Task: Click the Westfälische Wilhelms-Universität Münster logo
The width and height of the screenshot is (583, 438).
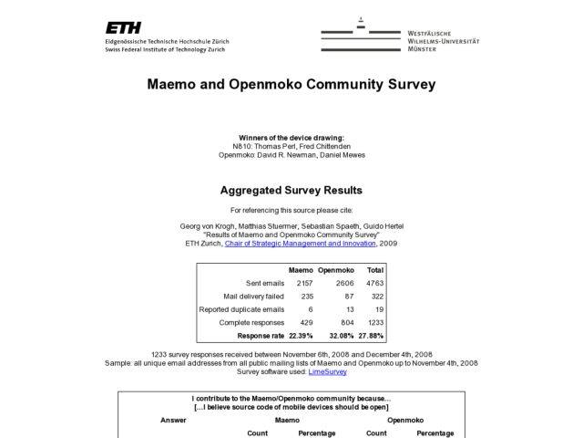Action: click(400, 36)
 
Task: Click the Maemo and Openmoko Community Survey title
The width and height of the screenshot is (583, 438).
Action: click(291, 85)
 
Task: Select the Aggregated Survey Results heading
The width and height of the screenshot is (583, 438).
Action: click(291, 191)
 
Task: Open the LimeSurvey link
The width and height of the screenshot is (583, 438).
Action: click(327, 371)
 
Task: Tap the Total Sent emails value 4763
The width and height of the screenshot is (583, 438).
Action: click(374, 284)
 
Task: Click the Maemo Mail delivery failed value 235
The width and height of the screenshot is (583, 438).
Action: click(306, 297)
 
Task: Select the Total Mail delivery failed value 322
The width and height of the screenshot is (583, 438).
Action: click(377, 297)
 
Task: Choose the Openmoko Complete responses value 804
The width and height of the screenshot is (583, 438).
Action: click(345, 323)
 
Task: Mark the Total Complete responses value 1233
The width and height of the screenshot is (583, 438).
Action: click(374, 323)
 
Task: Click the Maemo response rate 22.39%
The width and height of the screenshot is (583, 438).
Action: click(299, 336)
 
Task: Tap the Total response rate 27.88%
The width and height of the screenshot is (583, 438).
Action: click(373, 336)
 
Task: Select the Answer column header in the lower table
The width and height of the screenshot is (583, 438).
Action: click(173, 421)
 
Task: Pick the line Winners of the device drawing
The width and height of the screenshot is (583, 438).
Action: click(291, 138)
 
